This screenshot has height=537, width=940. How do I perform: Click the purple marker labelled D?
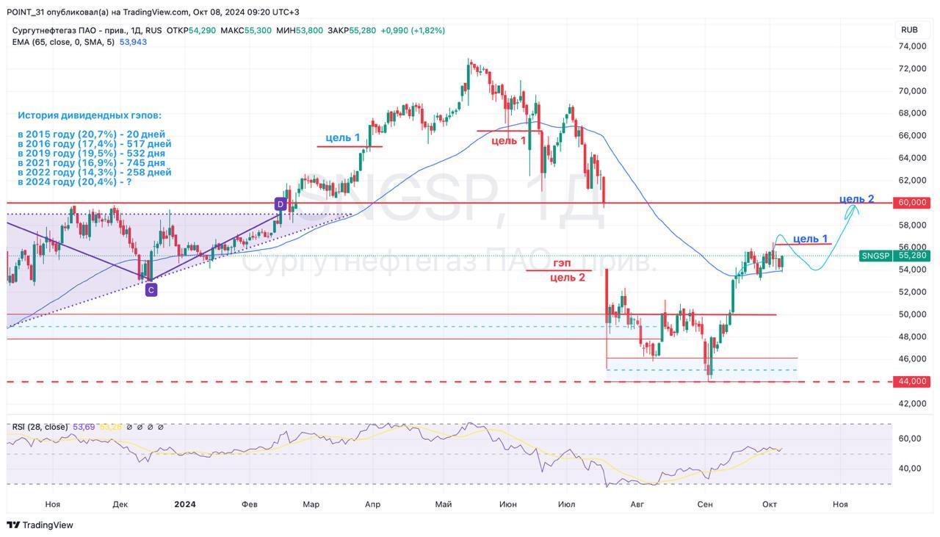pyautogui.click(x=280, y=203)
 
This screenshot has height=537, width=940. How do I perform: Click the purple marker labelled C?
pyautogui.click(x=151, y=290)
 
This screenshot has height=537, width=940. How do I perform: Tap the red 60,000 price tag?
pyautogui.click(x=912, y=203)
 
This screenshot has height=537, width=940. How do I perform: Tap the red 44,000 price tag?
pyautogui.click(x=912, y=381)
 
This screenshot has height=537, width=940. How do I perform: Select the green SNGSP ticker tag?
pyautogui.click(x=875, y=256)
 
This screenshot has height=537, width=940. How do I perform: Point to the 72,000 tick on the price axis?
pyautogui.click(x=912, y=68)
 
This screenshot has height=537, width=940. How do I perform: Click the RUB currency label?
pyautogui.click(x=909, y=30)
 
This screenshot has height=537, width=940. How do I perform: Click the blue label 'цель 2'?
pyautogui.click(x=856, y=199)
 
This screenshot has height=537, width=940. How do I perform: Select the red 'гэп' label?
pyautogui.click(x=562, y=263)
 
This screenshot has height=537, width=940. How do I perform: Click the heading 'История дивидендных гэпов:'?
pyautogui.click(x=90, y=115)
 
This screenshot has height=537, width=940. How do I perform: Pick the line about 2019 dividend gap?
pyautogui.click(x=91, y=153)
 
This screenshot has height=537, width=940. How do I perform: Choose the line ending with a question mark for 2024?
pyautogui.click(x=75, y=181)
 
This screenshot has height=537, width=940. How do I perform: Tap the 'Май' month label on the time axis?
pyautogui.click(x=443, y=504)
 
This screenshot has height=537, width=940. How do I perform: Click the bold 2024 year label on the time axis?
pyautogui.click(x=185, y=504)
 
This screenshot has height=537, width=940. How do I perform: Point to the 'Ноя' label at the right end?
pyautogui.click(x=840, y=504)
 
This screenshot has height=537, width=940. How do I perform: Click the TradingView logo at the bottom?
pyautogui.click(x=40, y=525)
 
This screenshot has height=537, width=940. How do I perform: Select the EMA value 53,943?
pyautogui.click(x=133, y=42)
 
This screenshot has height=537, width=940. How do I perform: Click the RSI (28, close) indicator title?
pyautogui.click(x=40, y=427)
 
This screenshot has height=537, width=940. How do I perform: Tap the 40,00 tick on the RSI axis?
pyautogui.click(x=910, y=469)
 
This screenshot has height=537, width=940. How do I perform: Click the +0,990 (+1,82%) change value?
pyautogui.click(x=413, y=30)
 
